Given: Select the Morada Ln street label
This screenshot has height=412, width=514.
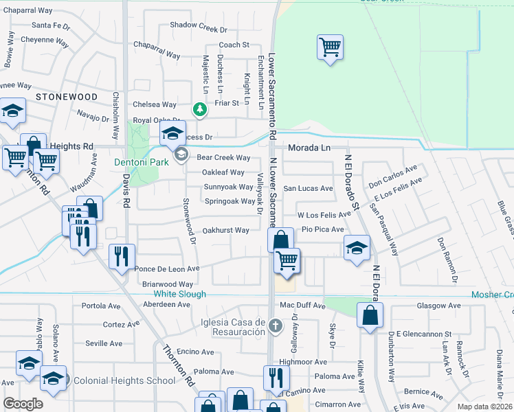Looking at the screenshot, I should click(309, 148).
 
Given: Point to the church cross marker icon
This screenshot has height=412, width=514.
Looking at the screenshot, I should click(275, 325).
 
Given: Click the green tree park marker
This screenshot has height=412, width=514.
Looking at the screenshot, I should click(199, 108).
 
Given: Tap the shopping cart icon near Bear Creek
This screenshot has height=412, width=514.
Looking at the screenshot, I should click(331, 47).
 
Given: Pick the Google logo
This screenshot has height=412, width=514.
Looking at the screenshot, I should click(23, 404).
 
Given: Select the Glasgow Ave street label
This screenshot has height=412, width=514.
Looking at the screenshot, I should click(437, 306).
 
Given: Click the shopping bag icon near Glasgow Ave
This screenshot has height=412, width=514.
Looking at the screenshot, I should click(370, 316).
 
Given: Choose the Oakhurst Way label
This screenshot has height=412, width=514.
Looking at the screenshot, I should click(225, 231).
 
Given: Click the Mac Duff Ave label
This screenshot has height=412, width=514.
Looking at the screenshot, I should click(302, 305).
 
